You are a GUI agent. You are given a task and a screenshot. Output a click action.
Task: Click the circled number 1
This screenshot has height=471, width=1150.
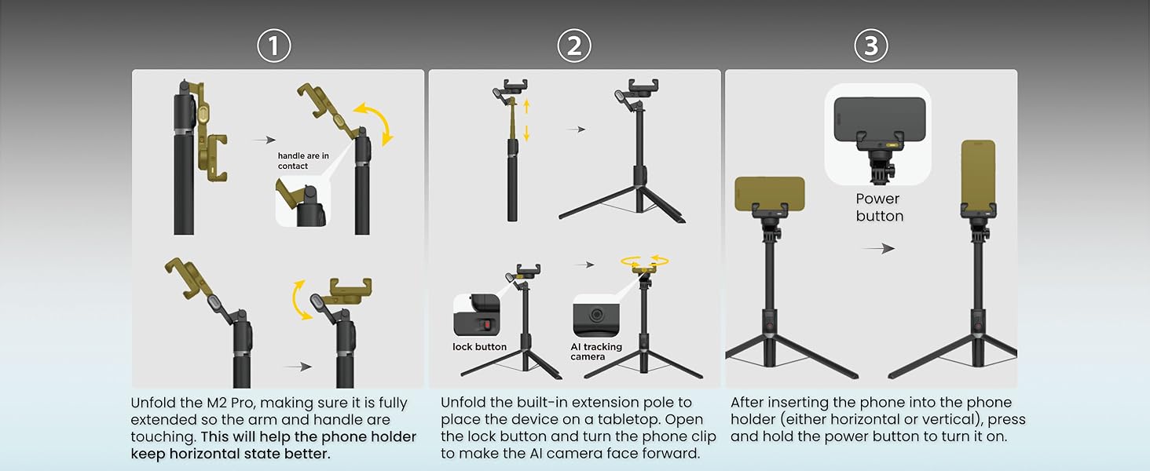[x=273, y=46]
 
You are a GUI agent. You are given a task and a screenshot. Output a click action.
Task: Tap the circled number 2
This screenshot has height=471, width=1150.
[x=574, y=46]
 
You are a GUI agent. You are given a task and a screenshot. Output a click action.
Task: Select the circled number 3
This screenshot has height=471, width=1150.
[x=870, y=46]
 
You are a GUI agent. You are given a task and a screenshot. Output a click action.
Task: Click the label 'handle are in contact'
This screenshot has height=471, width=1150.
[x=303, y=161]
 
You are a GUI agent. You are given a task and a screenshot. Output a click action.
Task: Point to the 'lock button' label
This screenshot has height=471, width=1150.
[x=479, y=347]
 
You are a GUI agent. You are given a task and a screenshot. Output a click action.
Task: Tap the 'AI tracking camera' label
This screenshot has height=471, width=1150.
[x=596, y=352]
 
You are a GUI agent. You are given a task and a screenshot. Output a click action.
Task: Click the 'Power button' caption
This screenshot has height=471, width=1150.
[x=880, y=207]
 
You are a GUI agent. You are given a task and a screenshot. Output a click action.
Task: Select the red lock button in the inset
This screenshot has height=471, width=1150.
[x=485, y=324]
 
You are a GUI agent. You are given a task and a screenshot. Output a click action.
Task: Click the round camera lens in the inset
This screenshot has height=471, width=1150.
[x=596, y=313]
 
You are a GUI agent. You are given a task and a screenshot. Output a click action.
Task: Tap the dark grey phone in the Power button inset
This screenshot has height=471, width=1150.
[x=880, y=119]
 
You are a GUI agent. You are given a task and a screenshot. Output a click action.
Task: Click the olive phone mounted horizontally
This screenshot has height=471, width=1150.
[x=770, y=194]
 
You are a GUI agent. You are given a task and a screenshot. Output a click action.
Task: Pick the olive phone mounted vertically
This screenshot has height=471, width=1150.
[x=978, y=174]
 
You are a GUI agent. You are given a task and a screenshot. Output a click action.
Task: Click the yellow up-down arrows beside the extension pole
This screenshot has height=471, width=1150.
[x=526, y=121]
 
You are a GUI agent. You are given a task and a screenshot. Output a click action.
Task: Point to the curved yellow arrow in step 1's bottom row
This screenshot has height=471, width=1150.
[x=300, y=301]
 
